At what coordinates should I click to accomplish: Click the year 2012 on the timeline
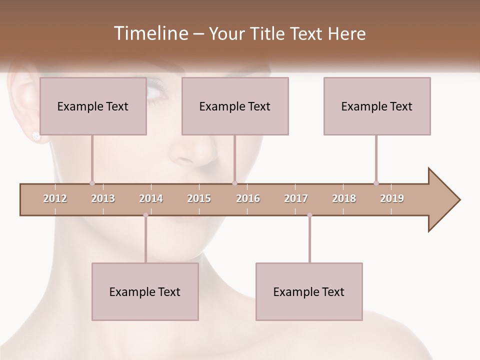55,198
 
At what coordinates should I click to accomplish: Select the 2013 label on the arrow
103,198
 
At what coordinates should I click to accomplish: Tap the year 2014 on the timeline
151,198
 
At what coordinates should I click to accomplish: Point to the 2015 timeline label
199,198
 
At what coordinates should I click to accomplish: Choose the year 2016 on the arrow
248,198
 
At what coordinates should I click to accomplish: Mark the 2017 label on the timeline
296,198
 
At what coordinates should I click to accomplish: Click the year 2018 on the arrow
344,198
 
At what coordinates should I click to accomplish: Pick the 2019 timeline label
392,198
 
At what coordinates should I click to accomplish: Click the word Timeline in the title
150,33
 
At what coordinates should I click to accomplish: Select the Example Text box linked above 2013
92,106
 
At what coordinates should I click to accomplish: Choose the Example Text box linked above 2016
235,106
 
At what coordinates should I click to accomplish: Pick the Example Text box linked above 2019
377,106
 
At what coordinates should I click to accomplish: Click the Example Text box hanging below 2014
145,291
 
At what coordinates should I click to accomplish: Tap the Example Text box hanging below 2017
309,291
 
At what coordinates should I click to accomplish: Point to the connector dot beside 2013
92,183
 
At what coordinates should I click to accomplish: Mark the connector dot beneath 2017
309,215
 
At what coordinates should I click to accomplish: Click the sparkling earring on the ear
36,135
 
